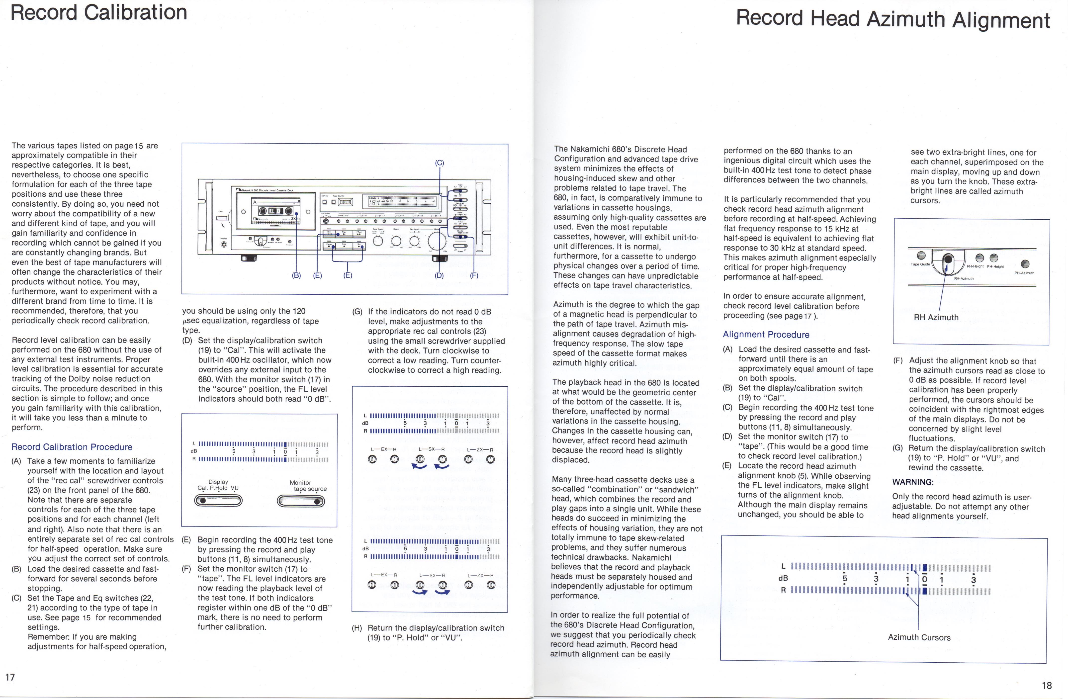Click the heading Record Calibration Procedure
pos(72,447)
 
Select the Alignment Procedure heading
pos(766,334)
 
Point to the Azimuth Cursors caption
pos(919,637)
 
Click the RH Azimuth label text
pos(936,317)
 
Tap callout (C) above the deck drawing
pos(439,163)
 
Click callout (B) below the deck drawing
pos(296,275)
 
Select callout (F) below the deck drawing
pos(474,275)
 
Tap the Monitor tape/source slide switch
pos(301,501)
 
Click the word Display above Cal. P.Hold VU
pos(218,481)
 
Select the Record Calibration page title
pos(99,12)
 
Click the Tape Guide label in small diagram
pos(920,264)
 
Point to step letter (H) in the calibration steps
pos(357,628)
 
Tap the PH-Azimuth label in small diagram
pos(1024,273)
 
